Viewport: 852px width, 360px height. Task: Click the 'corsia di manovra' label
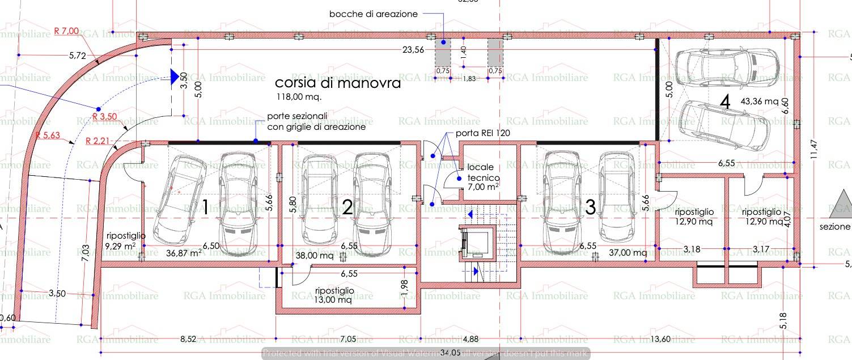click(338, 83)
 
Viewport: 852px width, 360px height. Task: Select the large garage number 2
click(347, 207)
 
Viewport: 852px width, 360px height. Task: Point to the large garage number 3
click(590, 207)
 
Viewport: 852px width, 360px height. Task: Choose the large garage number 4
click(725, 102)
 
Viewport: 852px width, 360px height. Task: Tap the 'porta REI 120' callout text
click(482, 134)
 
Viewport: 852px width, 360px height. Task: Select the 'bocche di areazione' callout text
click(374, 14)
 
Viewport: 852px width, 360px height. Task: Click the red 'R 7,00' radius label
click(66, 31)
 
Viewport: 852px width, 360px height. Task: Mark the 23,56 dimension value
click(413, 49)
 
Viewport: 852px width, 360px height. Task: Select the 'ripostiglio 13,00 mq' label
click(334, 295)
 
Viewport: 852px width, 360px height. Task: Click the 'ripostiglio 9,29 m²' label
click(126, 240)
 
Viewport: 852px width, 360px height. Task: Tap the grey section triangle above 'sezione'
click(840, 205)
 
